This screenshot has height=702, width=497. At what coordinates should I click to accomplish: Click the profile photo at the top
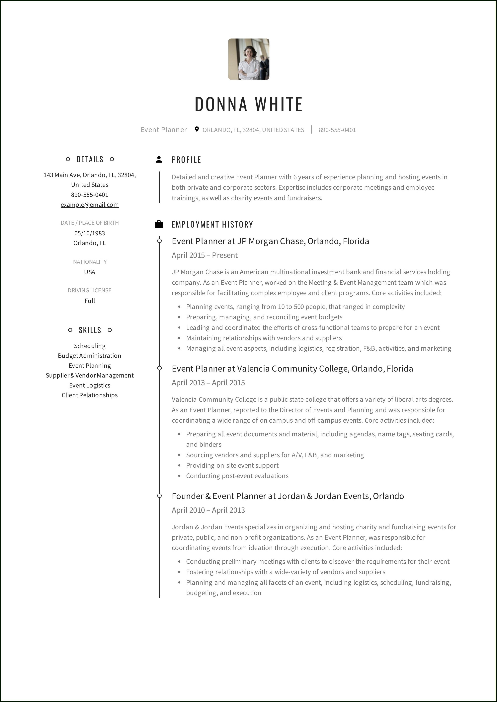pos(249,59)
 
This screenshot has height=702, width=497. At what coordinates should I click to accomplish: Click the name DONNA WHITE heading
pos(249,104)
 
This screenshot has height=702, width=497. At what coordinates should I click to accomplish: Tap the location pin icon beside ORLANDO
pos(197,129)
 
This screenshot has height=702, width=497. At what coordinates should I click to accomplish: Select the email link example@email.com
pos(90,205)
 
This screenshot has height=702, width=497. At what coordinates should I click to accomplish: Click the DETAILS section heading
pos(90,159)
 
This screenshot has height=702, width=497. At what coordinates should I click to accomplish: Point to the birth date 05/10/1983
pos(90,233)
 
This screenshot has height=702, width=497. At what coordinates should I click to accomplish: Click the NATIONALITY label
pos(90,262)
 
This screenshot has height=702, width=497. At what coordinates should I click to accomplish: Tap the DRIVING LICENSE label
pos(90,290)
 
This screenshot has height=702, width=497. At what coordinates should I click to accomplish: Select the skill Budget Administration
pos(90,355)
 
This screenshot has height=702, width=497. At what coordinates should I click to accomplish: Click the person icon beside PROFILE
pos(159,159)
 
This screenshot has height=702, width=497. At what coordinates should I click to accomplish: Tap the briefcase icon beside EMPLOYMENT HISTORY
pos(159,224)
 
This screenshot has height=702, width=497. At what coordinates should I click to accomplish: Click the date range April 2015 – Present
pos(205,255)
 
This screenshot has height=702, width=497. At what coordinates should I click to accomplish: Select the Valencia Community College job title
pos(292,369)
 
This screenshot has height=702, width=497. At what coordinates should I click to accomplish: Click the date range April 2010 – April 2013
pos(208,510)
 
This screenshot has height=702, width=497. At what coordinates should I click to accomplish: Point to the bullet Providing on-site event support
pos(232,465)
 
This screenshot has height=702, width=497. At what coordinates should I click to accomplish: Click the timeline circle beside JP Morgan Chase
pos(159,241)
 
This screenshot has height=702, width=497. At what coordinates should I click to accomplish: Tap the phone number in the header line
pos(337,130)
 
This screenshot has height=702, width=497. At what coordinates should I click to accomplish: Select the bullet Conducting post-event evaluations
pos(237,476)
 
